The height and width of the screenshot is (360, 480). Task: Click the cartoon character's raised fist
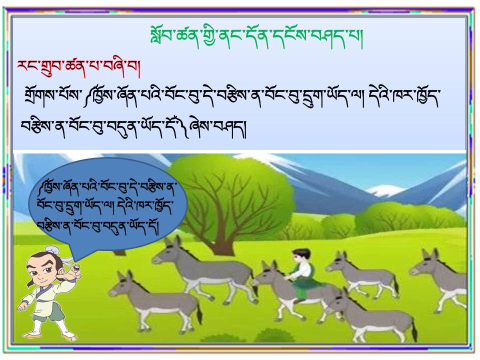pos(73,272)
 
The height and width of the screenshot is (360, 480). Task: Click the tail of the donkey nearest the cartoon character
pos(199,314)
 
